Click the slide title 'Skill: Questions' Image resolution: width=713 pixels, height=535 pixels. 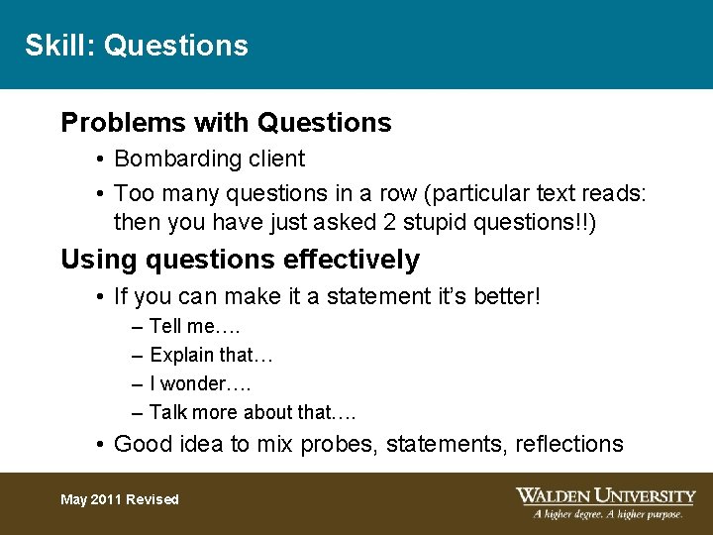(137, 46)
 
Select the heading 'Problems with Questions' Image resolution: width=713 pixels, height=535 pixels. (226, 123)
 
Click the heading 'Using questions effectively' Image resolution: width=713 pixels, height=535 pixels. (240, 261)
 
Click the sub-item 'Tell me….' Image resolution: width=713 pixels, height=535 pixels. (195, 327)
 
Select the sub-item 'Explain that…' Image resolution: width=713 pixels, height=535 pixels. (211, 355)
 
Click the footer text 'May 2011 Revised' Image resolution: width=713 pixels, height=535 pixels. (120, 499)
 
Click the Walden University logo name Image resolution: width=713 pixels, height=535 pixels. (605, 495)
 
